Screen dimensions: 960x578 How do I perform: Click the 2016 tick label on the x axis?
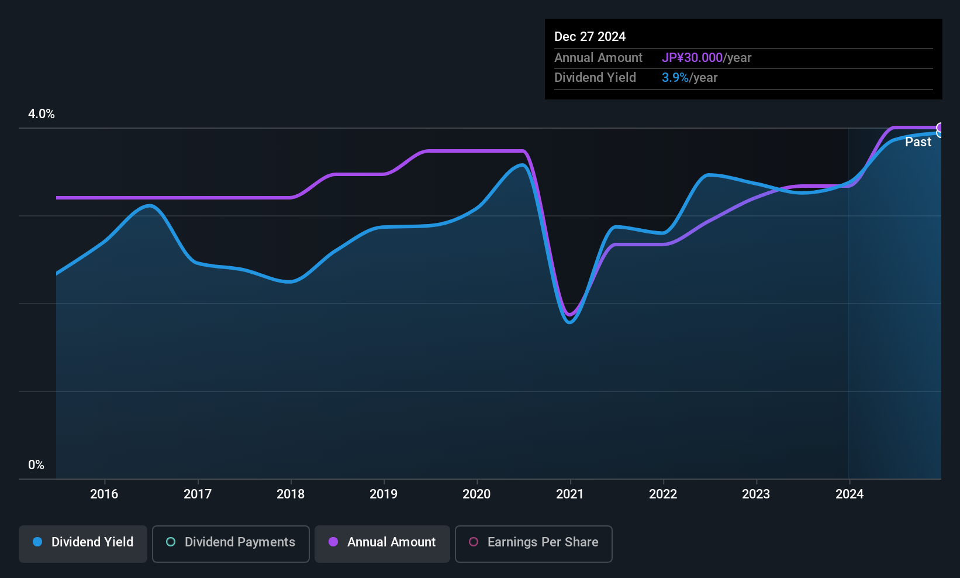[x=104, y=494]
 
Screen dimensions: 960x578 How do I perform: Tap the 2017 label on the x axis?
[x=198, y=494]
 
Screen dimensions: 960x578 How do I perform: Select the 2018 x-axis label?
[x=291, y=494]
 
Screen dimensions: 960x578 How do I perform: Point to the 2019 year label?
[x=384, y=494]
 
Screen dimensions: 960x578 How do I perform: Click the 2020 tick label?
[x=476, y=494]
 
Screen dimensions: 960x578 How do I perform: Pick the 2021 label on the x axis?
[x=570, y=494]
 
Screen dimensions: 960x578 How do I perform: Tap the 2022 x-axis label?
[x=663, y=494]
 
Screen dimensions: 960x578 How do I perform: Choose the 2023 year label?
[x=756, y=494]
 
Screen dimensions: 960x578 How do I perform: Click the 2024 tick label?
[x=850, y=494]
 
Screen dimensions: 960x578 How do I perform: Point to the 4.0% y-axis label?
[x=42, y=114]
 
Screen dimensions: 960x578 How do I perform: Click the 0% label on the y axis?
[x=36, y=465]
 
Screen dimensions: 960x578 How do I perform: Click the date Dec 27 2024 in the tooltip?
[x=590, y=37]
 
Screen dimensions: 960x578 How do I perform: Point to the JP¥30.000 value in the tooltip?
[x=692, y=57]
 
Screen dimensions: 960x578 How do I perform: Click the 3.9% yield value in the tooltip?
[x=675, y=78]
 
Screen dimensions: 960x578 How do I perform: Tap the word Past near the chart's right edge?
[x=918, y=142]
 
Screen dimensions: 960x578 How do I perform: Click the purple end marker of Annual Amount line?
[x=940, y=128]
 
